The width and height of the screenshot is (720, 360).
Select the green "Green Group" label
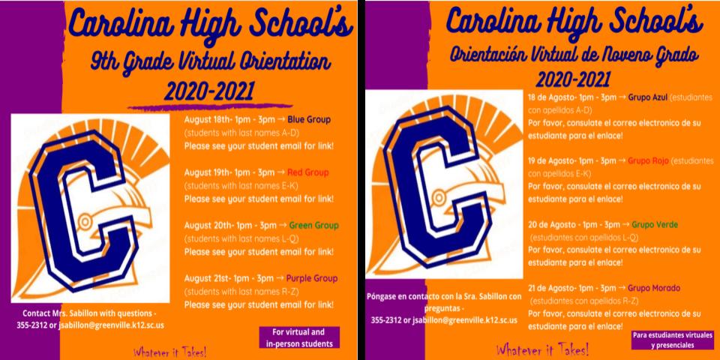[x=313, y=225]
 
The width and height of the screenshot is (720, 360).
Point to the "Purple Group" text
[x=314, y=278]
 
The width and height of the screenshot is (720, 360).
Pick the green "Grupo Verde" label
[x=651, y=224]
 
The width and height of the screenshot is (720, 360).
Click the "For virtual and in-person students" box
[x=298, y=337]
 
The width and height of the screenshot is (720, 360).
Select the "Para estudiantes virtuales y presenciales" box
[x=662, y=340]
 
